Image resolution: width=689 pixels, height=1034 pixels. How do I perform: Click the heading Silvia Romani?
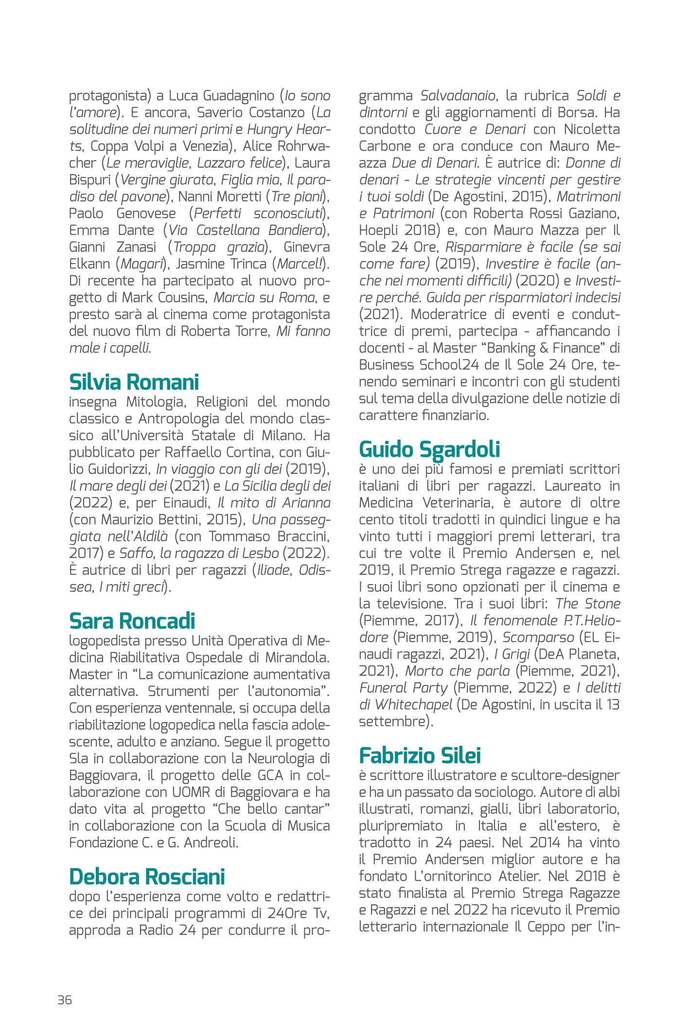pos(134,382)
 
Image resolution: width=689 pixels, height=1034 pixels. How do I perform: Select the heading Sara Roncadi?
pos(132,621)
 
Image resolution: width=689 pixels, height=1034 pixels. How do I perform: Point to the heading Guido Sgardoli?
pos(429,449)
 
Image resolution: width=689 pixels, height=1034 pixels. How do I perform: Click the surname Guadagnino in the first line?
pos(224,96)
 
